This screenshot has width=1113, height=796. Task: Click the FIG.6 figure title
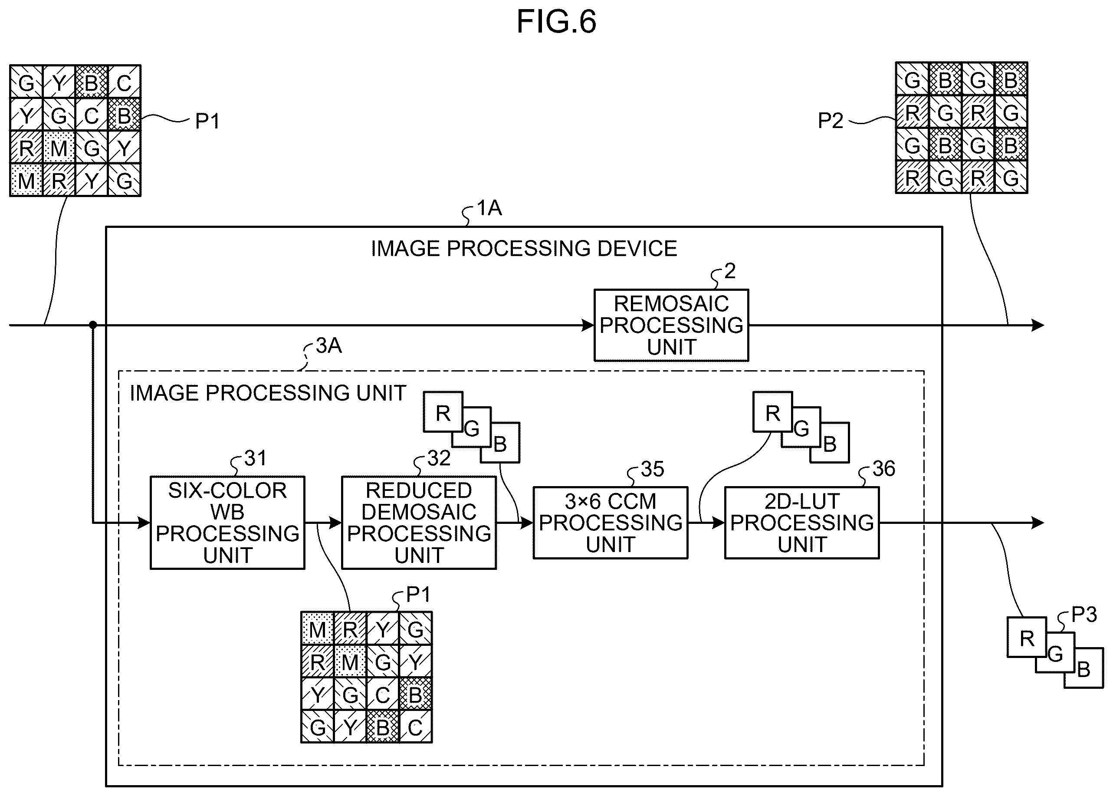coord(556,22)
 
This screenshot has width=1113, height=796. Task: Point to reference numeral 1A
coord(489,208)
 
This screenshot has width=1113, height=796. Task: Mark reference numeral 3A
coord(328,345)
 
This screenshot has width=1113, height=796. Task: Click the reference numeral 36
coord(883,469)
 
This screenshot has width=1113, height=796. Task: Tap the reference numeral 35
coord(652,469)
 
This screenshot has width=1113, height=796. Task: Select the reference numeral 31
coord(255,458)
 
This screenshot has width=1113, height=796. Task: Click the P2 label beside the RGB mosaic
coord(830,121)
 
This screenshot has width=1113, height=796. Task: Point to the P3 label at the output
coord(1084,614)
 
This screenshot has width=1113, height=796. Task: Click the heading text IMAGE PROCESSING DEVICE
coord(524,249)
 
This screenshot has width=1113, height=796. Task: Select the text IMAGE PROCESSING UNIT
coord(268,393)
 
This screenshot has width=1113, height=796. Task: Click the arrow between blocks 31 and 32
coord(323,523)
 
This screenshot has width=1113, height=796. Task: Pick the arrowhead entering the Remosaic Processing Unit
coord(588,325)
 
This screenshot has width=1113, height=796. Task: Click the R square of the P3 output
coord(1027,637)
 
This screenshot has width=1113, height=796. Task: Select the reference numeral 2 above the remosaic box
coord(730,271)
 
